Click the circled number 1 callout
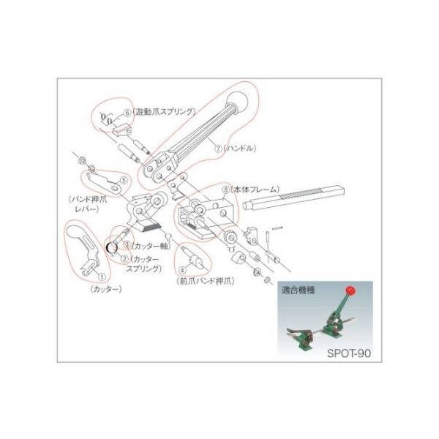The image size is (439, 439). point(101,277)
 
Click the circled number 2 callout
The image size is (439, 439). point(125,258)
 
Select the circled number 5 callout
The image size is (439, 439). point(124,179)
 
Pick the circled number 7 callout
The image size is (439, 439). point(217,147)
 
